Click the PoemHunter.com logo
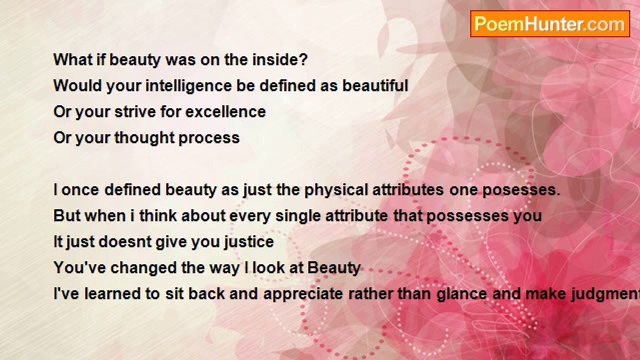[550, 24]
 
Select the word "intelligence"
[189, 86]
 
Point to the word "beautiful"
[375, 85]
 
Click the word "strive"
[135, 111]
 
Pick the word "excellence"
[225, 111]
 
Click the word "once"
[80, 190]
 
